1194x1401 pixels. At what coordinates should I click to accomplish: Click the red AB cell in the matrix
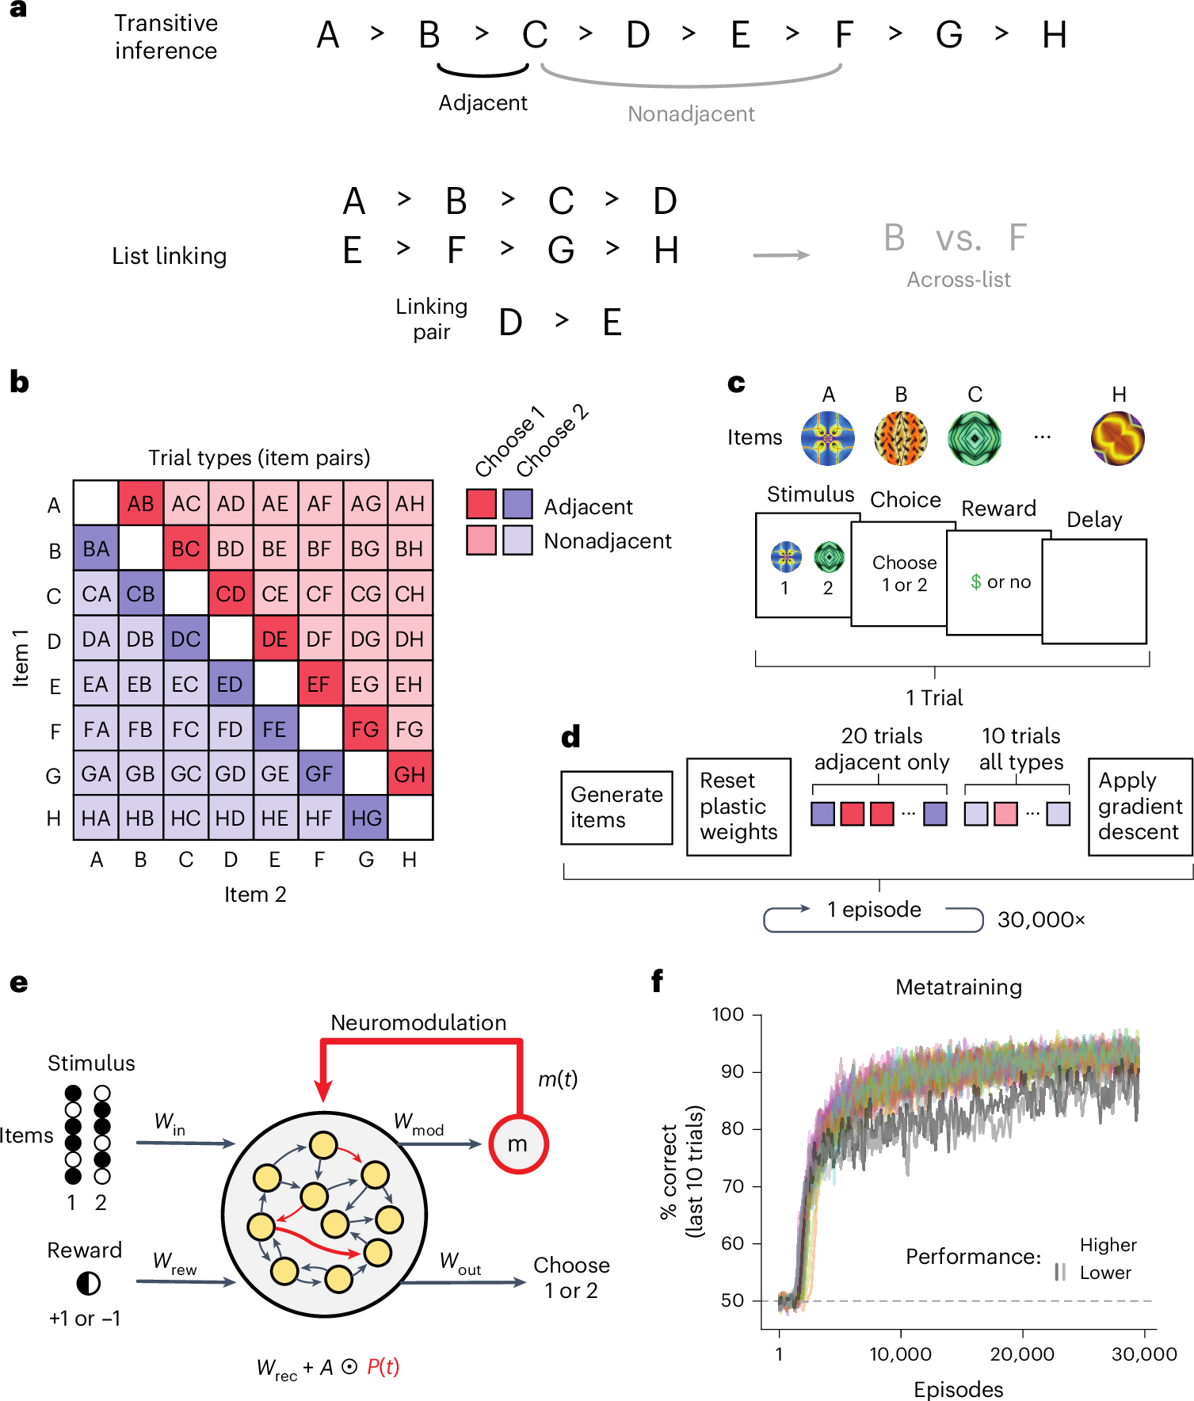click(x=141, y=503)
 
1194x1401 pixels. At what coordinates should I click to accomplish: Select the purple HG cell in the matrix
click(x=365, y=818)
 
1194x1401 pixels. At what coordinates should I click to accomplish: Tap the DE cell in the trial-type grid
click(x=275, y=639)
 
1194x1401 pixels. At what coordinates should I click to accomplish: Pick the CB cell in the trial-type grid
click(x=141, y=594)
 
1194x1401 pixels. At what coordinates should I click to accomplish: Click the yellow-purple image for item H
click(x=1118, y=438)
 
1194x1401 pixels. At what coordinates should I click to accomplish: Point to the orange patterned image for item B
click(x=901, y=438)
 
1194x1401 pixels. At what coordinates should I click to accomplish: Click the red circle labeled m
click(x=518, y=1144)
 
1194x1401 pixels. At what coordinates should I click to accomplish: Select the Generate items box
click(x=616, y=807)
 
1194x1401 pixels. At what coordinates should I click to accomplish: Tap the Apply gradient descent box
click(x=1139, y=807)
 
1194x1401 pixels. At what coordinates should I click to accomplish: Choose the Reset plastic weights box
click(x=738, y=807)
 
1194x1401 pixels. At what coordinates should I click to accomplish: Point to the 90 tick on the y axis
click(x=732, y=1072)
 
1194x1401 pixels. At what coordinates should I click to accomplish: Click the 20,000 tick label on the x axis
click(x=1022, y=1354)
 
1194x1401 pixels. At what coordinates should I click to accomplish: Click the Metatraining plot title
click(x=959, y=987)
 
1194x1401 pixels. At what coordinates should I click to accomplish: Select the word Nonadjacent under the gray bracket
click(x=691, y=114)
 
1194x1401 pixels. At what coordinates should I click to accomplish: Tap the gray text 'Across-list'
click(x=959, y=280)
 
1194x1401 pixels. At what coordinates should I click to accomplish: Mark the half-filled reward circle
click(x=88, y=1283)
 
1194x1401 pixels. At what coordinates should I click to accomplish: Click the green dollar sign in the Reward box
click(x=976, y=582)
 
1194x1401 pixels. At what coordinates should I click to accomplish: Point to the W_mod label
click(x=418, y=1123)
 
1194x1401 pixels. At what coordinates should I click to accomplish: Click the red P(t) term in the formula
click(x=383, y=1367)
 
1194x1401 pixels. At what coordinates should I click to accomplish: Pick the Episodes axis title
click(x=959, y=1389)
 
